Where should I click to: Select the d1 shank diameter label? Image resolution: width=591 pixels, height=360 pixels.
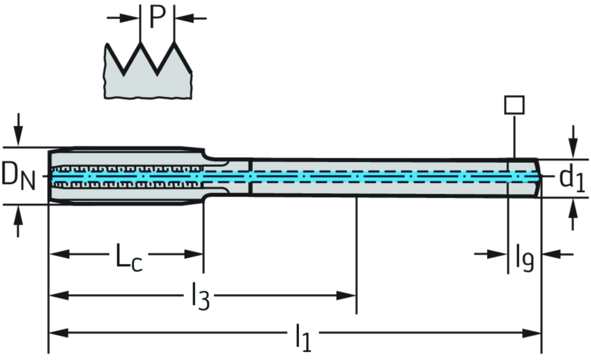(571, 179)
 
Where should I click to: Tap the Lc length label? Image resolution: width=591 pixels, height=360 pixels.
(129, 256)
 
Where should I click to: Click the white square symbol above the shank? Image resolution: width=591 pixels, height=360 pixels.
(514, 105)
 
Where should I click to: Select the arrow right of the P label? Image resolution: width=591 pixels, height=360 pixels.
(186, 18)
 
